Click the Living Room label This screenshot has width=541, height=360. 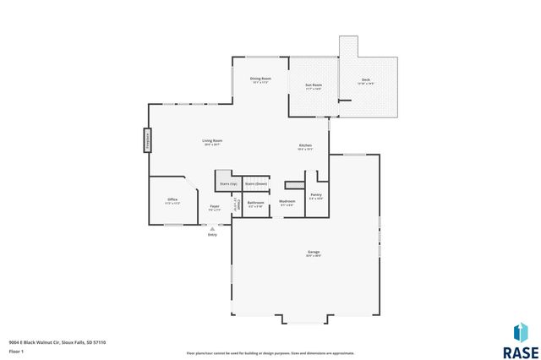[212, 140]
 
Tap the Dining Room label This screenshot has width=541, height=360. [260, 79]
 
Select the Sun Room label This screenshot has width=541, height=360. [313, 85]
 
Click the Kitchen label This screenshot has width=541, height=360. [305, 146]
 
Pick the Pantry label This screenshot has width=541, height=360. [315, 195]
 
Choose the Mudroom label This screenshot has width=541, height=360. [287, 202]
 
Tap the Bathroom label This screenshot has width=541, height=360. [256, 203]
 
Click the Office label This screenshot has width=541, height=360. [172, 200]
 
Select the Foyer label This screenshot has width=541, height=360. [215, 207]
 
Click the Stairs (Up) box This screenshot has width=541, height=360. [228, 183]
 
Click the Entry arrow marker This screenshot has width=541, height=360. [212, 226]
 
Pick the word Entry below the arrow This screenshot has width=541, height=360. [212, 234]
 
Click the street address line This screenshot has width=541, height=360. [57, 342]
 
